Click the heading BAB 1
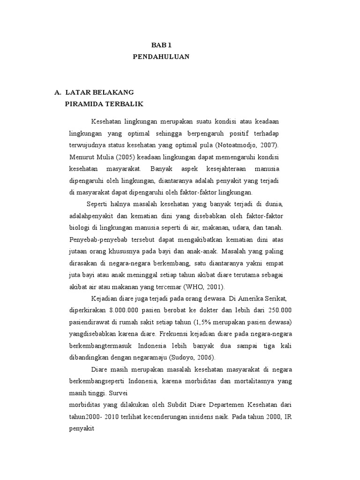(162, 45)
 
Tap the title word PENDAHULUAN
(161, 57)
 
